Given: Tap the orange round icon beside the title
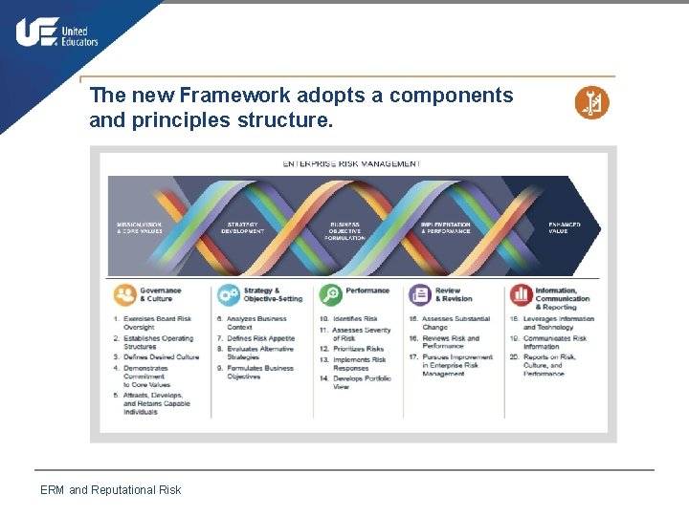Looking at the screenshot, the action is (591, 103).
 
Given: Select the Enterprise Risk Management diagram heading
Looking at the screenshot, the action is (351, 163).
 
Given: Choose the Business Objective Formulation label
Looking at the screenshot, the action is (344, 230).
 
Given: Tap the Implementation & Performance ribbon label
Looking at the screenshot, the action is (446, 227).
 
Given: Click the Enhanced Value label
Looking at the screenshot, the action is (564, 227).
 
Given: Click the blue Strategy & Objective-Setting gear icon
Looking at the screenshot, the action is (228, 294).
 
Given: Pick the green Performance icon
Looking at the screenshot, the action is (330, 294).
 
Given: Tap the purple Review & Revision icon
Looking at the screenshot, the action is (420, 294).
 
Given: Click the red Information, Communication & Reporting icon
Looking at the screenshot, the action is (521, 294).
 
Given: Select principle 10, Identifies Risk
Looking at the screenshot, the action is (353, 318).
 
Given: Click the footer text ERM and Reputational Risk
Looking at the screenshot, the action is (110, 490).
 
